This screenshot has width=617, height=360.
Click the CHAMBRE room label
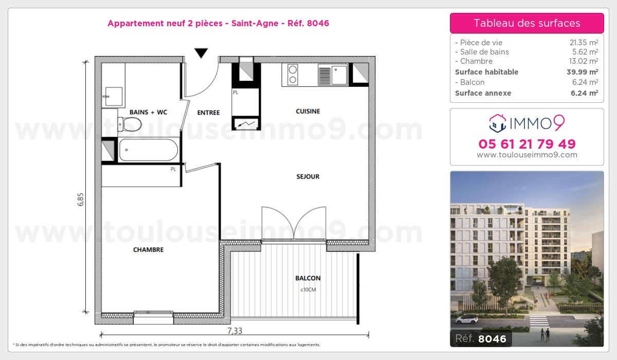point(148,250)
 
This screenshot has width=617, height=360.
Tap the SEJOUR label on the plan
point(308,176)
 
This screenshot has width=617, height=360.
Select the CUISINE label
point(308,111)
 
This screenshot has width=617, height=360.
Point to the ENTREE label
point(208,113)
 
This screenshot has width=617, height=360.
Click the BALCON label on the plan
point(308,278)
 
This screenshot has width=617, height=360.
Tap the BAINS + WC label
point(148,112)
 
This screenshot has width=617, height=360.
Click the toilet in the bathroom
point(130,124)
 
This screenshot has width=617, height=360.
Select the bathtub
point(148,150)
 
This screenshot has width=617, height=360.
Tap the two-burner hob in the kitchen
point(293,75)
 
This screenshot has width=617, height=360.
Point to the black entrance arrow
point(201,52)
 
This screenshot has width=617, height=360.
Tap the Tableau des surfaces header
point(527,23)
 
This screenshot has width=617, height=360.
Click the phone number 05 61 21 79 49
point(527,144)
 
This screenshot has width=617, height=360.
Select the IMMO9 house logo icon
point(498,123)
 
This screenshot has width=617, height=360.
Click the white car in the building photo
point(466,319)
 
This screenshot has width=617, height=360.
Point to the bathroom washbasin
point(113,96)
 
